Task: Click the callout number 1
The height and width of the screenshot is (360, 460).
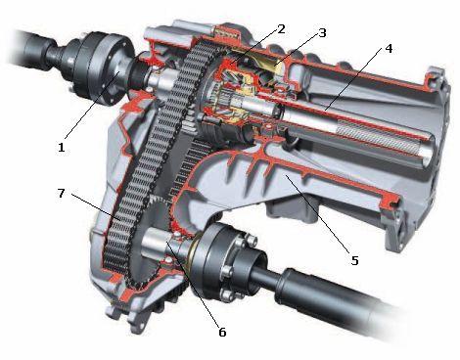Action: click(61, 148)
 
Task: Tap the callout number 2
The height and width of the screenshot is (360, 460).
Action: click(282, 29)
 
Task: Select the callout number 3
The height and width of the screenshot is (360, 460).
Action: click(322, 32)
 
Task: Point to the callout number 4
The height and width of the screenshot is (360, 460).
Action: click(389, 49)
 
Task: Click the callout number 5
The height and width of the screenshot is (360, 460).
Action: click(354, 260)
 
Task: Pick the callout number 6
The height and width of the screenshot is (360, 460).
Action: click(222, 332)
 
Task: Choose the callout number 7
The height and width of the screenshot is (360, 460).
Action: click(62, 193)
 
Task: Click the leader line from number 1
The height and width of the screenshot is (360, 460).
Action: click(92, 105)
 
